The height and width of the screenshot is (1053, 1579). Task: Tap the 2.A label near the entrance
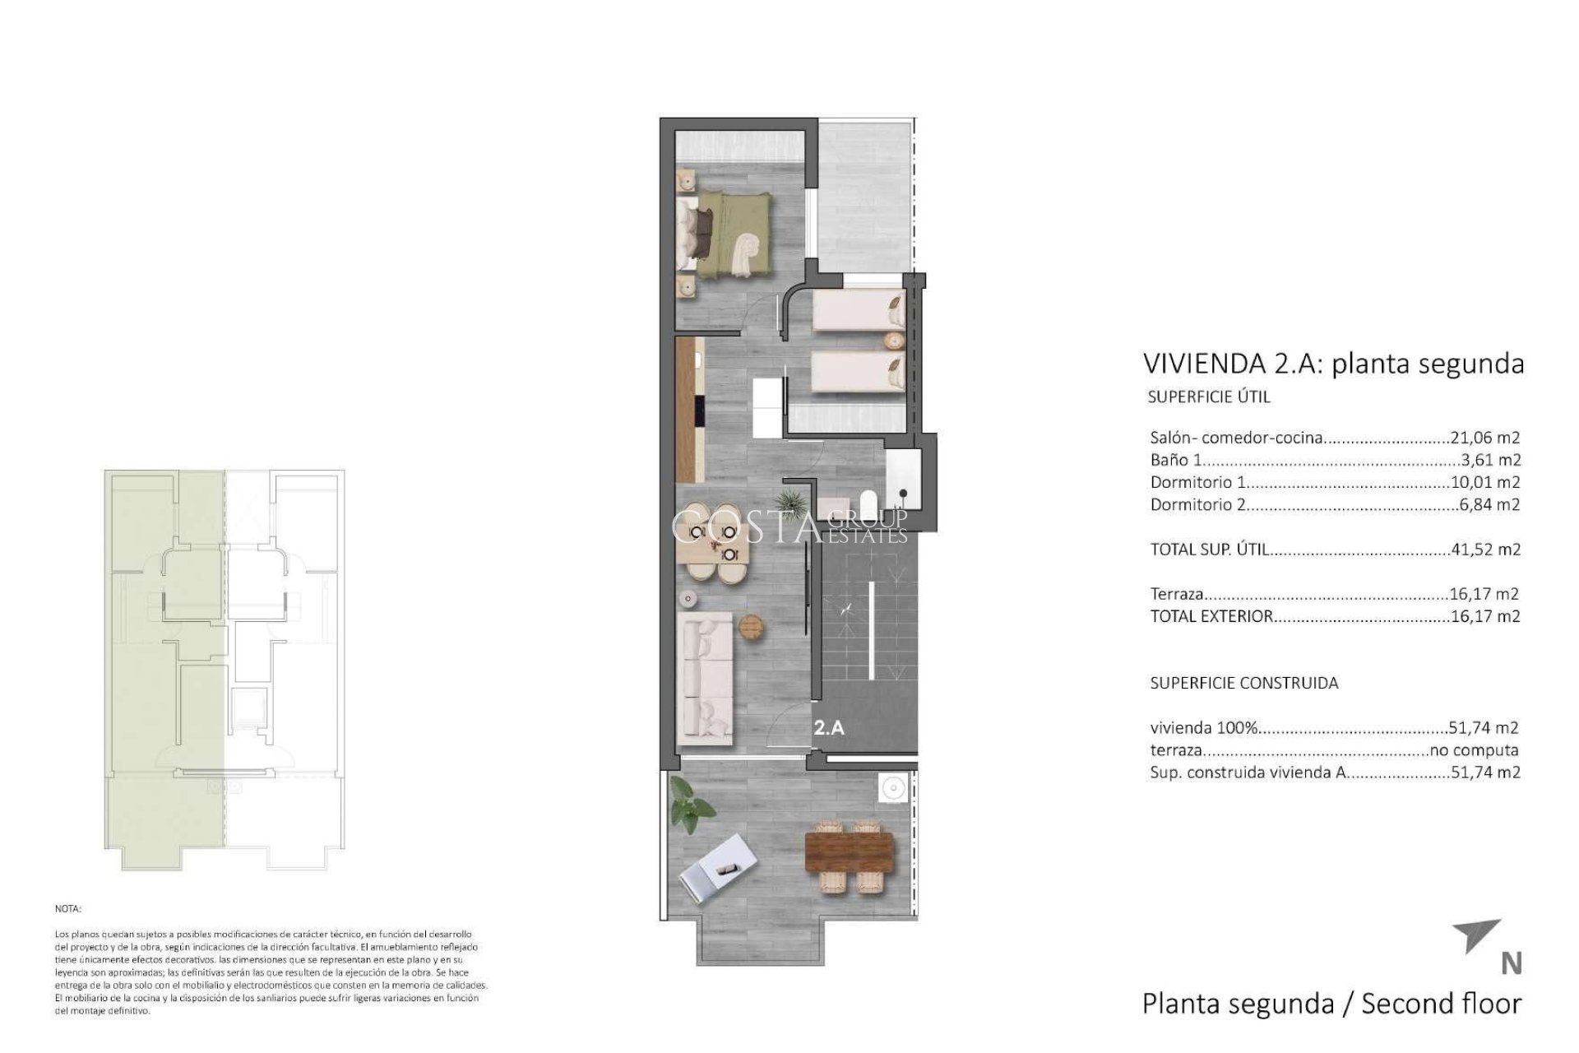[x=828, y=727]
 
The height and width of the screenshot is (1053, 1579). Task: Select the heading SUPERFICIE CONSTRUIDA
[x=1243, y=683]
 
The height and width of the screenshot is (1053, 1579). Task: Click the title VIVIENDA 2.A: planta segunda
[x=1333, y=364]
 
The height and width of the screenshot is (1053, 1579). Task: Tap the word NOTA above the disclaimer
[x=68, y=909]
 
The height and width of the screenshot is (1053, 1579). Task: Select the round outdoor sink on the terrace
[x=891, y=789]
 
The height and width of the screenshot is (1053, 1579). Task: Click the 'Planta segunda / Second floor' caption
[x=1331, y=1004]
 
